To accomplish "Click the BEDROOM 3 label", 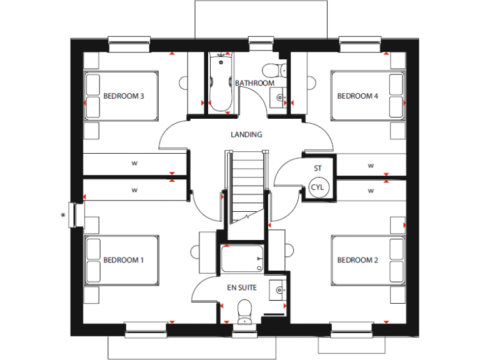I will (124, 96).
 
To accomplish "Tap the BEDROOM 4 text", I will (357, 96).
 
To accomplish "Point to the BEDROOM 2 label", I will (357, 260).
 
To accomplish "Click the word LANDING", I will (246, 134).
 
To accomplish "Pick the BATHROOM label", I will (254, 83).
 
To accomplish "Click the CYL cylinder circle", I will (317, 187).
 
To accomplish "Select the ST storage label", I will (317, 168).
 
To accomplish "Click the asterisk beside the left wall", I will (62, 216).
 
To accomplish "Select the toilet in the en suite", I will (244, 309).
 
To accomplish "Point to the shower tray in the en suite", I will (242, 258).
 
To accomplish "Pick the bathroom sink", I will (278, 97).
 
